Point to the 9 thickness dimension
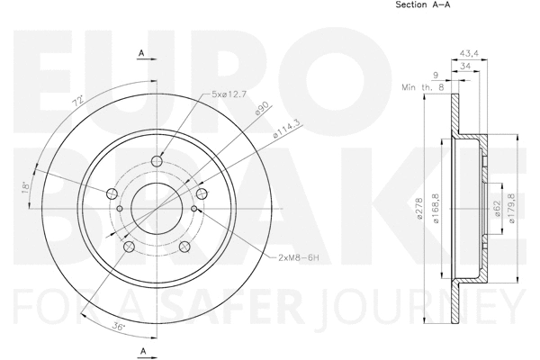(x=436, y=76)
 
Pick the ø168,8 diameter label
(x=437, y=210)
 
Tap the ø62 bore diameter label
(x=496, y=210)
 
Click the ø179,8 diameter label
(x=513, y=210)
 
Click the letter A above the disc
(x=141, y=55)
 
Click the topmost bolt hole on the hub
(x=157, y=161)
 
